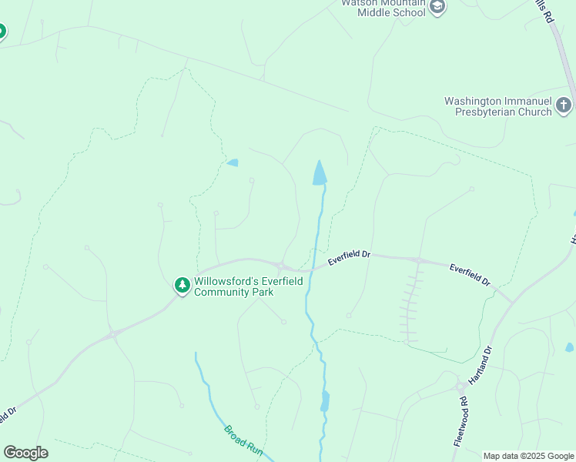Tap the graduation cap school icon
(437, 8)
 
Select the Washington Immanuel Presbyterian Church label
(498, 106)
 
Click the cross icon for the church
(564, 105)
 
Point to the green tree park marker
(183, 286)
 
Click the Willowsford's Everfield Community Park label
(248, 286)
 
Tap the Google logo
(25, 452)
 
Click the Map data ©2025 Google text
(529, 456)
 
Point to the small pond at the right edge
(569, 347)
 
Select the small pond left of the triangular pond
(232, 162)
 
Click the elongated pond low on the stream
(325, 401)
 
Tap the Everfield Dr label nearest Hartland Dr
(470, 276)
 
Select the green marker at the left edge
(1, 32)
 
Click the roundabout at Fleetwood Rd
(460, 387)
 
